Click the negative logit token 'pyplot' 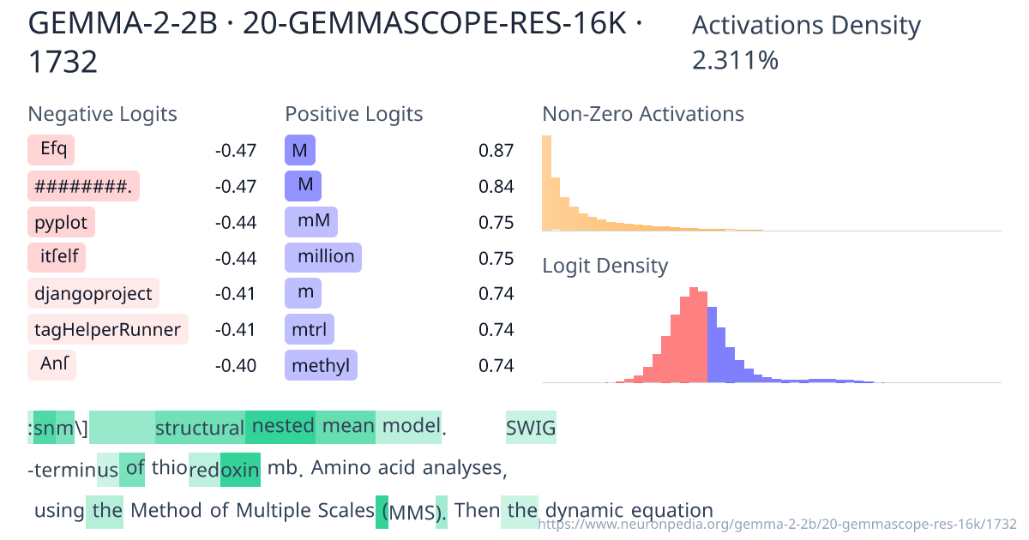point(61,223)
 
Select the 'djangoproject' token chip point(93,294)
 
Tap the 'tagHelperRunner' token point(107,329)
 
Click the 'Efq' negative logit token point(51,150)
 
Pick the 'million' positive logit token point(323,257)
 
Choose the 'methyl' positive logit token point(321,366)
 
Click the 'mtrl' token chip point(309,329)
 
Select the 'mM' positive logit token point(311,222)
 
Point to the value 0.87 point(496,152)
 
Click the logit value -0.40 point(235,366)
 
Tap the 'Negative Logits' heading point(103,114)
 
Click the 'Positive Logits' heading point(353,114)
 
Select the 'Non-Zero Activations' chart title point(643,114)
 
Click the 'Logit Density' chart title point(605,266)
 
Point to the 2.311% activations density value point(735,61)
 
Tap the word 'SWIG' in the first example point(531,427)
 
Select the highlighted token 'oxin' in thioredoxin point(240,469)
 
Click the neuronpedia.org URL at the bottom point(777,523)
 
